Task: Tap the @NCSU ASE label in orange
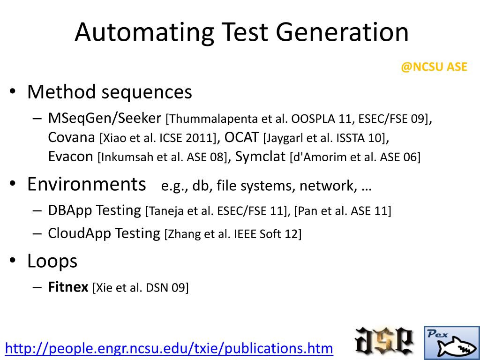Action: click(x=434, y=67)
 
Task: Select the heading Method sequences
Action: click(x=110, y=92)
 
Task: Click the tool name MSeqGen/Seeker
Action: click(x=105, y=118)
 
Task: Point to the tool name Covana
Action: click(x=72, y=137)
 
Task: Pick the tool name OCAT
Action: click(x=241, y=137)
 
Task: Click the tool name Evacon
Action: click(x=71, y=157)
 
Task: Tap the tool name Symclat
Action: click(x=260, y=157)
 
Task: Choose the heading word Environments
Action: click(x=87, y=184)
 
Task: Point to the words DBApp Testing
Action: click(x=94, y=210)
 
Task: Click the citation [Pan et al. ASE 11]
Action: click(x=343, y=211)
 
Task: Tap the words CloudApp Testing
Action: click(x=104, y=233)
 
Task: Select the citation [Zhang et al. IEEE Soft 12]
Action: click(x=233, y=233)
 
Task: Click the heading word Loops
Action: click(x=52, y=261)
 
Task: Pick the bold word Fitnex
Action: click(x=68, y=287)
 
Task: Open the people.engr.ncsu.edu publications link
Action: click(x=169, y=348)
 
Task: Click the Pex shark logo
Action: click(x=451, y=343)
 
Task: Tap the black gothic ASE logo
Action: click(x=384, y=341)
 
